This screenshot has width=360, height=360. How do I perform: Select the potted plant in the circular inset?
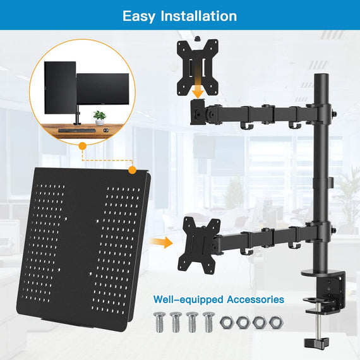pyautogui.click(x=99, y=117)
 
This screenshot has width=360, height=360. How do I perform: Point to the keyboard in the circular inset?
pyautogui.click(x=75, y=131)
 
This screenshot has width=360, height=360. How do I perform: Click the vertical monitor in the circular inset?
pyautogui.click(x=60, y=88)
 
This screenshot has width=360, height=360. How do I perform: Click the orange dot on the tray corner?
pyautogui.click(x=132, y=169)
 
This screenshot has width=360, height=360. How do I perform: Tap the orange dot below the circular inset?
pyautogui.click(x=81, y=146)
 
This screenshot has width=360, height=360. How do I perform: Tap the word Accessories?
pyautogui.click(x=253, y=299)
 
